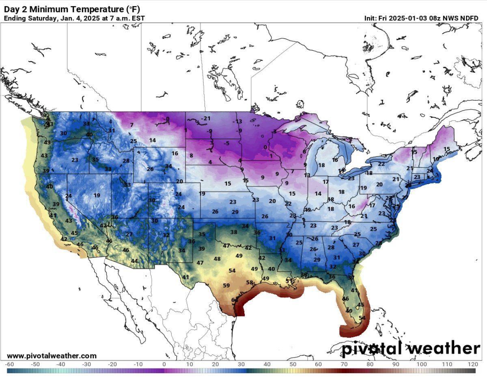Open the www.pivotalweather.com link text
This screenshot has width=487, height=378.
52,356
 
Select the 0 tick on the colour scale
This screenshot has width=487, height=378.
164,364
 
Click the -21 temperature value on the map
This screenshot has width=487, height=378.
207,118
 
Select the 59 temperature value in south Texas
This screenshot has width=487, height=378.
226,285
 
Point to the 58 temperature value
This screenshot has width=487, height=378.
250,282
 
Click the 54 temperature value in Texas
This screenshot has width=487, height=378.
232,271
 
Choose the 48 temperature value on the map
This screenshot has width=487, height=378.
217,259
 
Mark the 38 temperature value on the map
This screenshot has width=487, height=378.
234,232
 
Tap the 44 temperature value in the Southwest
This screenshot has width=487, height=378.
134,261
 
